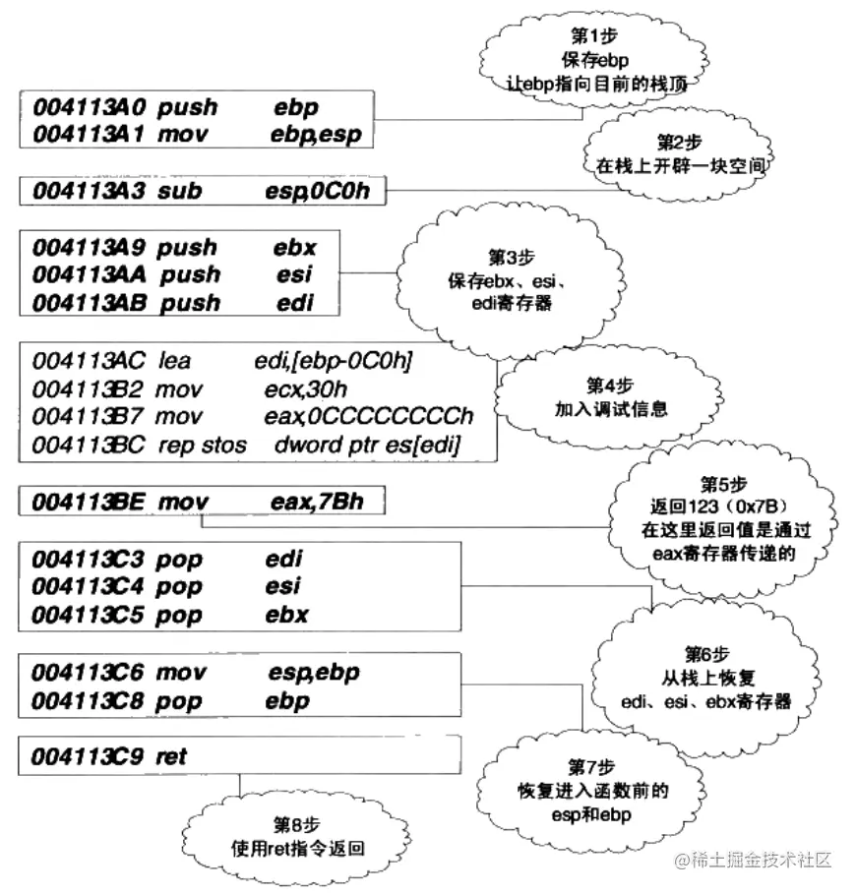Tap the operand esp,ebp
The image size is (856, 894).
point(313,673)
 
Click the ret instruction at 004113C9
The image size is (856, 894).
point(171,756)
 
